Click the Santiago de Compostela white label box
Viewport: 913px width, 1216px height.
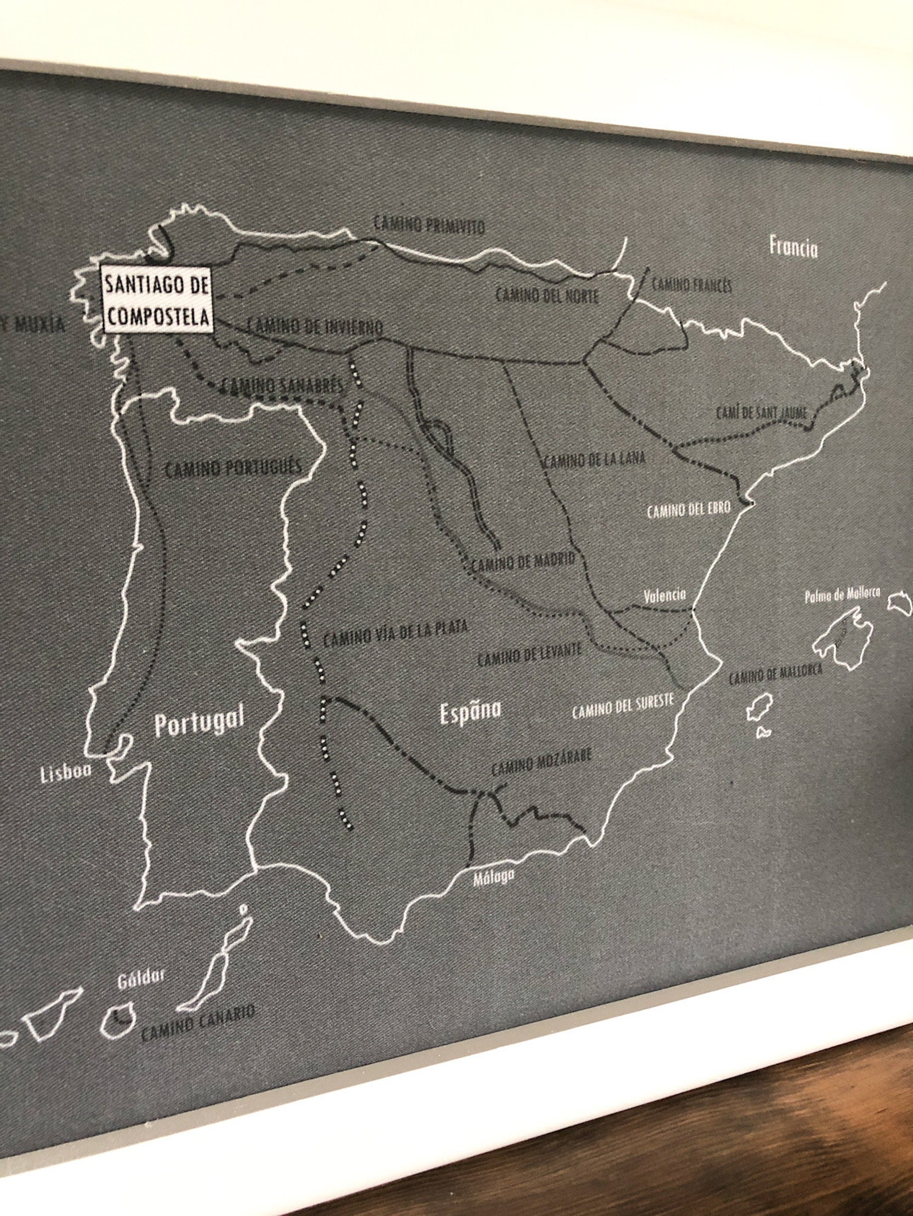(156, 299)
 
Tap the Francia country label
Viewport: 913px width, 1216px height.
(793, 248)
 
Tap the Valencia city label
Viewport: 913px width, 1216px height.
(665, 595)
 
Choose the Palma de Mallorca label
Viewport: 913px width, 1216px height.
(842, 597)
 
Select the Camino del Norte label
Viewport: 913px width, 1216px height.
(547, 295)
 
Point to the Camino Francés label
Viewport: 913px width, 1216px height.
(692, 284)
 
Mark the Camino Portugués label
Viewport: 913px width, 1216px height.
(233, 468)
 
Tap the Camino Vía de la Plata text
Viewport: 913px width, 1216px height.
(395, 633)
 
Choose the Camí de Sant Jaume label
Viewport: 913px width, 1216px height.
(762, 412)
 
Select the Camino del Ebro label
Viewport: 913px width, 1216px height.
(688, 509)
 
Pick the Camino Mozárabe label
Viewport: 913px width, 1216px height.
(541, 762)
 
